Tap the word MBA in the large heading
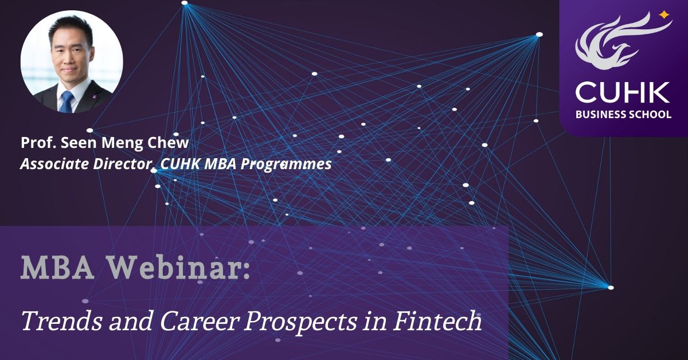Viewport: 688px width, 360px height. pos(57,268)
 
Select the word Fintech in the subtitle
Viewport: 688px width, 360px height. pos(437,321)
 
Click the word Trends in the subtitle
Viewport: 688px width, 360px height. pos(62,321)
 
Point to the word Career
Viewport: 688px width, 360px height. pos(200,322)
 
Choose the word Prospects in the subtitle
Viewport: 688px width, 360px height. pos(300,323)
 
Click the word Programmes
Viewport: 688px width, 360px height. pos(286,165)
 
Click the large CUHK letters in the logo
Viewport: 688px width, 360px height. pos(623,92)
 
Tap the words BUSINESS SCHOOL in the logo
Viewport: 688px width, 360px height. pos(623,115)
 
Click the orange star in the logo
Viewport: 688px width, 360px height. pos(664,15)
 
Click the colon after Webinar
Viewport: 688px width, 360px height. pos(246,271)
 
